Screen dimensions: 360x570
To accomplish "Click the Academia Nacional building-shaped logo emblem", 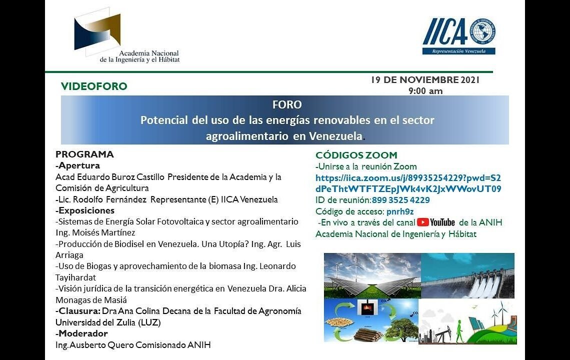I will (x=98, y=32).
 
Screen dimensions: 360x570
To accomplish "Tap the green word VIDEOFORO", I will (x=94, y=86).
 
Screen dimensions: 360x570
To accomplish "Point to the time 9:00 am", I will (x=425, y=91).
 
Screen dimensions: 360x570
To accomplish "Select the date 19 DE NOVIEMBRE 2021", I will (x=425, y=80).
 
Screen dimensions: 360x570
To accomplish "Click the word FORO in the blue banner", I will (x=287, y=105).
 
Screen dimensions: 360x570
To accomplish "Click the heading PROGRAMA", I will (x=84, y=154).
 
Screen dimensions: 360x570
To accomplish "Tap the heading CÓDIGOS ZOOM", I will (x=356, y=155).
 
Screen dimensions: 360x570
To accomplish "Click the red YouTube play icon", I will (x=423, y=222).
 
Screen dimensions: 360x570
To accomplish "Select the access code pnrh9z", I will (x=400, y=211).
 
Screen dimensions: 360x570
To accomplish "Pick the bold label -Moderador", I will (x=81, y=333).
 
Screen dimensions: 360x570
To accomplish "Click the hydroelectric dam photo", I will (x=467, y=275).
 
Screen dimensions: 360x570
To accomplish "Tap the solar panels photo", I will (x=372, y=275).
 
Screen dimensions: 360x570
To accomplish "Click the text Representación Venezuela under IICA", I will (x=458, y=51).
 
